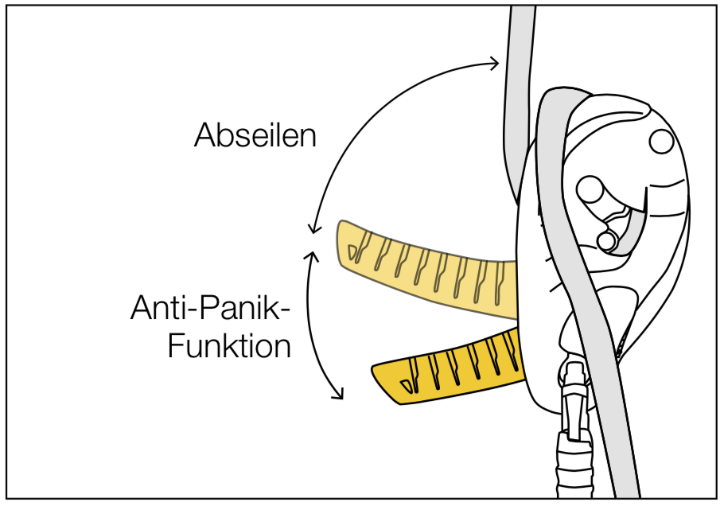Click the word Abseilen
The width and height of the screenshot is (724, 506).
(255, 134)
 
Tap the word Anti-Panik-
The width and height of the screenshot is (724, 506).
(211, 308)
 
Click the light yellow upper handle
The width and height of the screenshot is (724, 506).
(427, 270)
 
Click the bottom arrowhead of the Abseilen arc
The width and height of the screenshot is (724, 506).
(314, 228)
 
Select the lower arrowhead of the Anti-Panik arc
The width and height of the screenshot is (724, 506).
(340, 393)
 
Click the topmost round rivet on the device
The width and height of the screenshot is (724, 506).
(662, 142)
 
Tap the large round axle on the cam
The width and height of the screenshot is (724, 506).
(590, 189)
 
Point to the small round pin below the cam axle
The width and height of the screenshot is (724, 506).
(607, 240)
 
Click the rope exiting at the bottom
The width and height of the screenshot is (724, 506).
(617, 415)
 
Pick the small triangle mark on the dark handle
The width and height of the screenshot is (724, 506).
(407, 386)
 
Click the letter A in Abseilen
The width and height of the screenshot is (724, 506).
(204, 135)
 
